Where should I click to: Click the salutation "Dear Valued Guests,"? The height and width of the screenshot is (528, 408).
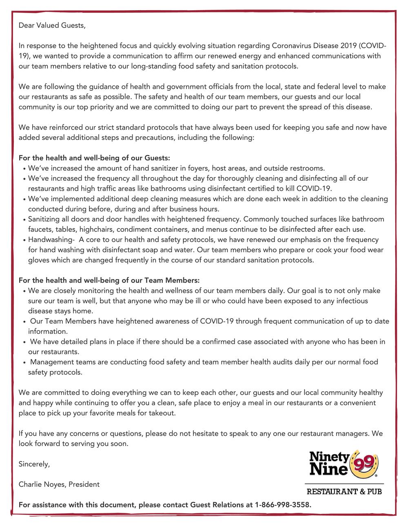coord(52,25)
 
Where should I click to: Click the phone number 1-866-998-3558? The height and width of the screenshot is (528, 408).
coord(283,505)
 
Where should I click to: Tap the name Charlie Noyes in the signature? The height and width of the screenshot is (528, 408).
coord(42,484)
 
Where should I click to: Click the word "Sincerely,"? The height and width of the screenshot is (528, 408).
coord(34,464)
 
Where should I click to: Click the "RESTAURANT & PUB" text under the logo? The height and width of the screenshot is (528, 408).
coord(344,492)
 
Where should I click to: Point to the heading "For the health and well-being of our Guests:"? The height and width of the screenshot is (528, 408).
coord(94,158)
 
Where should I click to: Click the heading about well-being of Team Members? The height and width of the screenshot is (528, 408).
coord(109,280)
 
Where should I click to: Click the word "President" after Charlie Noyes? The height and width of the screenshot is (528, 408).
coord(84,484)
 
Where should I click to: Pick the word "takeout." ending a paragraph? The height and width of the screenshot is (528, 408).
coord(163,413)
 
